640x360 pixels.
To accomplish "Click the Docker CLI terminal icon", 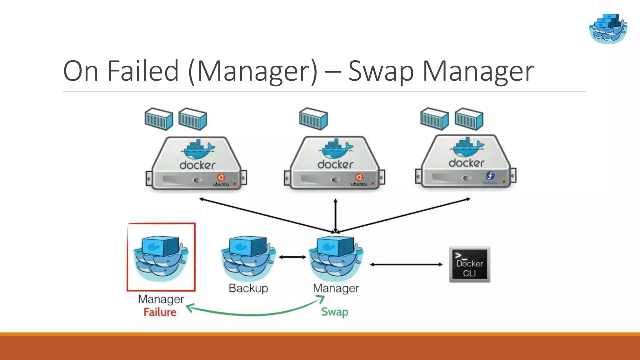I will click(x=469, y=265).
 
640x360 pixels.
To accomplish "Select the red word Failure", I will click(x=160, y=312).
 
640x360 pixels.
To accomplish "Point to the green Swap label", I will click(x=335, y=312).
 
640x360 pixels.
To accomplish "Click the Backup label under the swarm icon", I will click(x=248, y=288).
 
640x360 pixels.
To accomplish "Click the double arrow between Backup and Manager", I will click(x=292, y=257).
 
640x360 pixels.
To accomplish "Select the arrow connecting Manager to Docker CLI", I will click(x=406, y=265).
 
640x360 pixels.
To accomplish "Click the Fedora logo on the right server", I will click(x=490, y=176).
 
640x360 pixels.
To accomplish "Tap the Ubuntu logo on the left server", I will click(x=221, y=177).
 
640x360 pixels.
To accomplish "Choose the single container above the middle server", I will click(x=313, y=119).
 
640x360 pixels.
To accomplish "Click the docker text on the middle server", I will click(x=335, y=164).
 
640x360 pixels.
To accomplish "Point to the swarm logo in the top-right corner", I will click(x=608, y=29).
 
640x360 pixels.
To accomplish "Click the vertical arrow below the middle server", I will click(x=335, y=216).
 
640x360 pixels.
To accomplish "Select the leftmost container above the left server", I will click(x=159, y=119).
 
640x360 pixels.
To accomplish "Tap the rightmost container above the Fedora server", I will click(x=469, y=119).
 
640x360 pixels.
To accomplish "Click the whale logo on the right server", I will click(x=467, y=147).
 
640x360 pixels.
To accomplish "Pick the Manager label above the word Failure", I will click(x=161, y=299).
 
